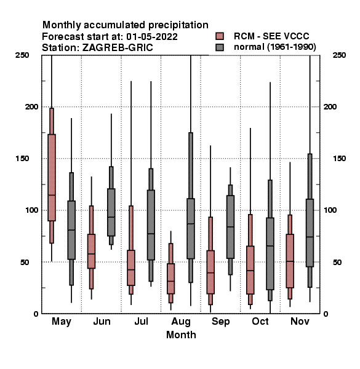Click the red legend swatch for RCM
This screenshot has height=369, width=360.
(220, 36)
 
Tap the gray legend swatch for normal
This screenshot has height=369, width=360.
(220, 47)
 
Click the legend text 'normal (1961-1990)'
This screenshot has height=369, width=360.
(274, 47)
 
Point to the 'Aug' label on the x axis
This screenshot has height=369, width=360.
(181, 322)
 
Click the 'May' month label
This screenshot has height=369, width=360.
(61, 322)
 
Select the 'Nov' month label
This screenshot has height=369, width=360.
(300, 321)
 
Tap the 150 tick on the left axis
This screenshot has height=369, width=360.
(22, 159)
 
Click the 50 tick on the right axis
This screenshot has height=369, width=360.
(337, 262)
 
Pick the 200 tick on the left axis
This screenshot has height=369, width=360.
(31, 107)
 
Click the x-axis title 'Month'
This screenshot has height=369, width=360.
(181, 335)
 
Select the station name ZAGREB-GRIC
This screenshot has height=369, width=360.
(118, 48)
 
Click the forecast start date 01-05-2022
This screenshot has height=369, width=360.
(152, 37)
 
